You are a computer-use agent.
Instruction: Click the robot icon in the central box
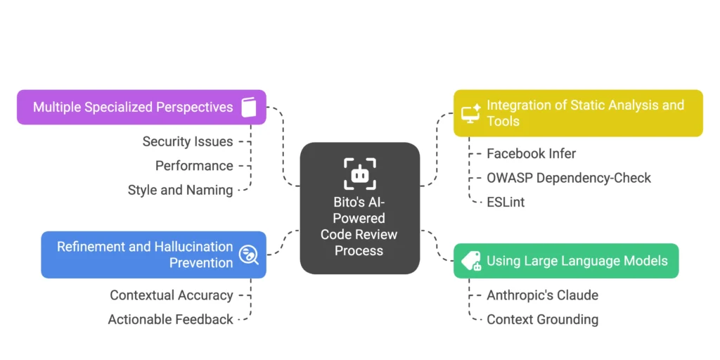tap(359, 174)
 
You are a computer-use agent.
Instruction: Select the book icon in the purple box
tap(249, 107)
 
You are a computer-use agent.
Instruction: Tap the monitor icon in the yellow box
tap(470, 113)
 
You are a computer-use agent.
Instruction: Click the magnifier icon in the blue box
tap(248, 255)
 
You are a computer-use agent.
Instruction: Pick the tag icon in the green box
tap(470, 261)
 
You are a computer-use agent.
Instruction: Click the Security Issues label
tap(187, 141)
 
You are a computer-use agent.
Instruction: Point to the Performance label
tap(194, 165)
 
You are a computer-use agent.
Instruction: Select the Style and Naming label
tap(180, 190)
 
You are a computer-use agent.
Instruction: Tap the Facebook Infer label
tap(531, 153)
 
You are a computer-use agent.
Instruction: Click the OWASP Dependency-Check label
tap(569, 178)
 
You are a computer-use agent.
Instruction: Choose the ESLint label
tap(506, 202)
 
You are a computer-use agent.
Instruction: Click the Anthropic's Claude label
tap(542, 295)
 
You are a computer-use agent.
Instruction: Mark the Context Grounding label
tap(542, 319)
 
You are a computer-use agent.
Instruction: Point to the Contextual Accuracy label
tap(171, 295)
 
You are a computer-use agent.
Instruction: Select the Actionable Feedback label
tap(170, 319)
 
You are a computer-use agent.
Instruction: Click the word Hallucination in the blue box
tap(189, 247)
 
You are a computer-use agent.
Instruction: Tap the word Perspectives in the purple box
tap(190, 108)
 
